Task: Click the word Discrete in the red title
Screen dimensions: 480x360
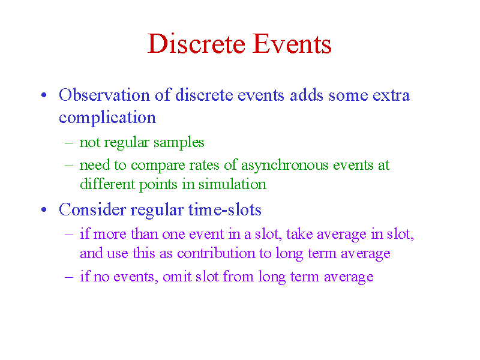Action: click(196, 43)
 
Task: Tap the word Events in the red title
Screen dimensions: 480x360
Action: click(292, 43)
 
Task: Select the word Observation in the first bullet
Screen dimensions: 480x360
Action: click(104, 95)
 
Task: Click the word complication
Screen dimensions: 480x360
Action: click(107, 118)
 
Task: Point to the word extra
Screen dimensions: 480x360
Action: click(391, 95)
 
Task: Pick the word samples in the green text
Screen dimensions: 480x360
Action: click(179, 142)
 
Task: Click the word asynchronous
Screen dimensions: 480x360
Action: click(284, 166)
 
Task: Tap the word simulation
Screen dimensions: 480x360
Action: click(232, 184)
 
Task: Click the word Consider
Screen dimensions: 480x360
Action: click(92, 209)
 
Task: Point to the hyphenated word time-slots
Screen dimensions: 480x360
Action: click(224, 209)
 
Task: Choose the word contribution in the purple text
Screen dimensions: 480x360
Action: click(216, 253)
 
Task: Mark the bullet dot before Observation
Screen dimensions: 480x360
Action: click(44, 95)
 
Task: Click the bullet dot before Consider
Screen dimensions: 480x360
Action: click(44, 209)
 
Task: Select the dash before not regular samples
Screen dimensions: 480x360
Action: click(69, 143)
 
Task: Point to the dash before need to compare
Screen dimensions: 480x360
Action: click(69, 166)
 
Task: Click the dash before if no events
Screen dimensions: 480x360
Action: click(69, 277)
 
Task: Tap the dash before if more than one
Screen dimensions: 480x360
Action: click(69, 235)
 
